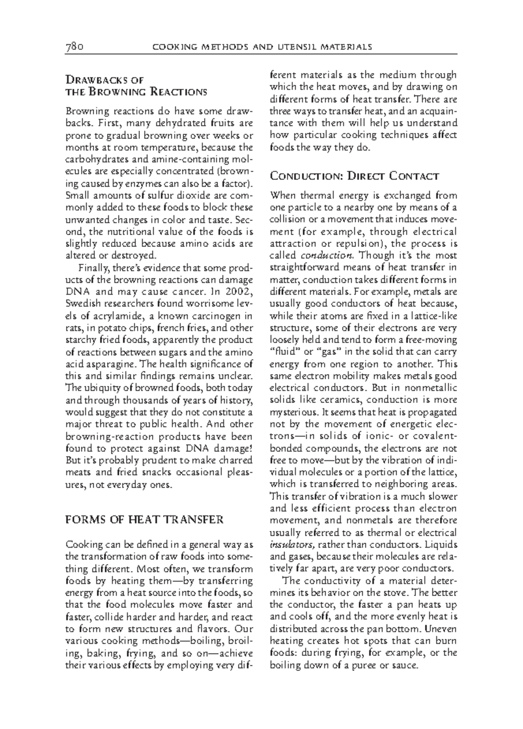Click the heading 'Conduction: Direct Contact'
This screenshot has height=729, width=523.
[354, 176]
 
